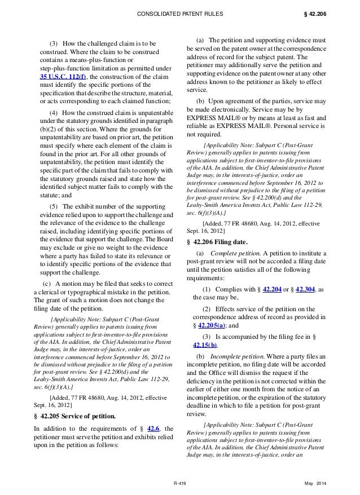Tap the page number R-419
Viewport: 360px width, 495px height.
(x=180, y=484)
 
